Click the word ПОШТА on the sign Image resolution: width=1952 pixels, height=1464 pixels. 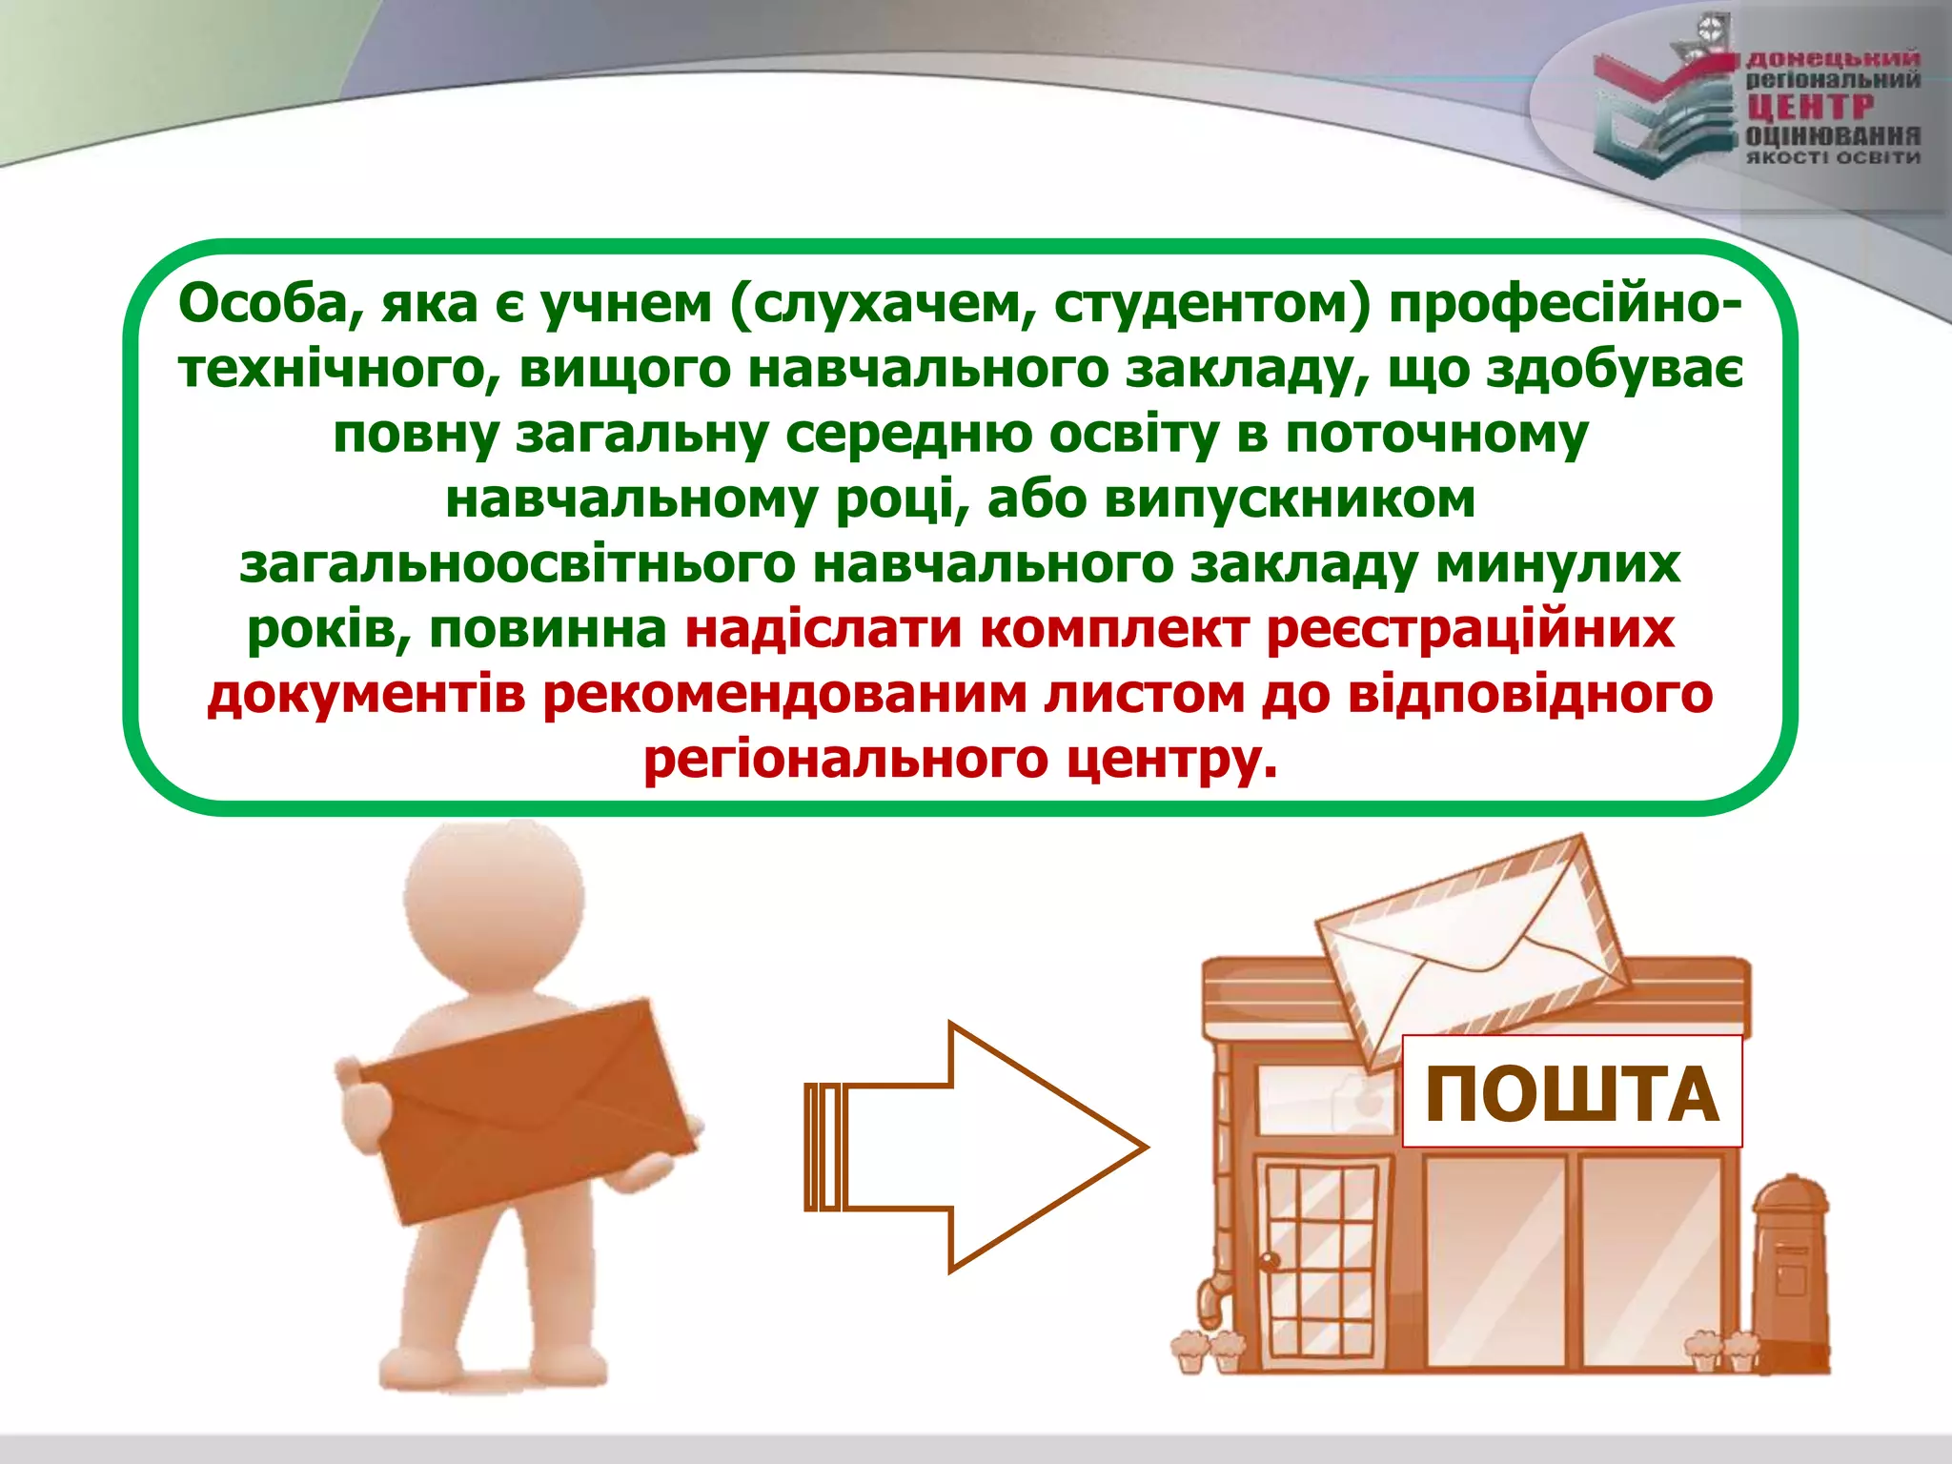click(1572, 1093)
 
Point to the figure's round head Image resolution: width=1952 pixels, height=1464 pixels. click(494, 896)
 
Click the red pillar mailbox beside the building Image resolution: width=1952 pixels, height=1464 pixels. click(1792, 1268)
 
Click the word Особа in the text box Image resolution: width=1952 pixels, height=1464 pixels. click(268, 305)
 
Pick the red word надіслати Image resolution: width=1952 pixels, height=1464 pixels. click(823, 629)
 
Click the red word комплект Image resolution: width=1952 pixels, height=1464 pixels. click(1113, 629)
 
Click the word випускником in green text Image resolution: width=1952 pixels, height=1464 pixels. click(1290, 498)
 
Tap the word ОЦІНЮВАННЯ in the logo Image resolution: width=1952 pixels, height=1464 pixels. click(1833, 136)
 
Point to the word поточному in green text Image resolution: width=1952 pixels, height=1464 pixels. click(1436, 435)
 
